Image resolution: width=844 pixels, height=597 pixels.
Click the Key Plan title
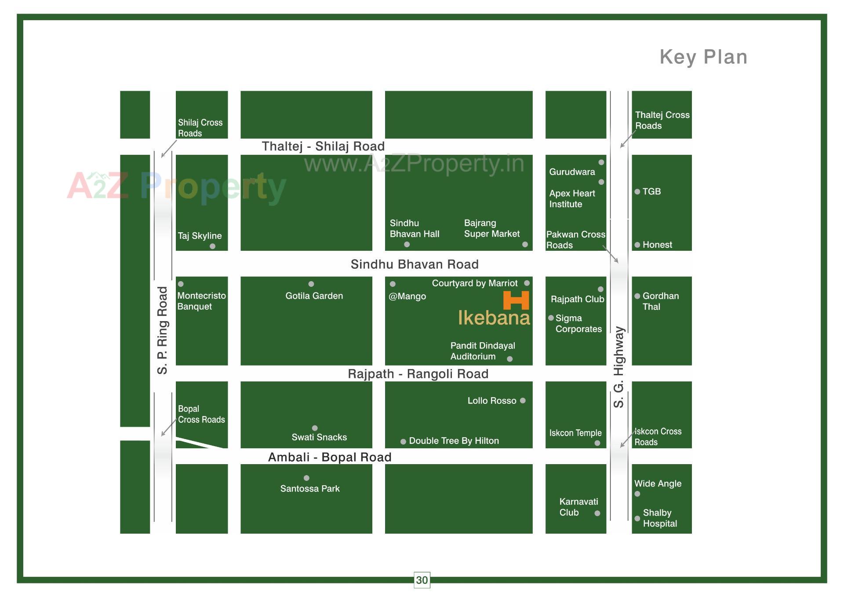click(703, 57)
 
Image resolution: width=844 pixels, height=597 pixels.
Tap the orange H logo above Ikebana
click(516, 300)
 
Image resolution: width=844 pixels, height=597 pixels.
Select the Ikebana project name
click(494, 318)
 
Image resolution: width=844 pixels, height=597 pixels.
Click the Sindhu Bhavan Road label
click(415, 264)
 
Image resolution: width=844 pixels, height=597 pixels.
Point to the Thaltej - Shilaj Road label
click(323, 147)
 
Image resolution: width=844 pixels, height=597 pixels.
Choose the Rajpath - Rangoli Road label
click(418, 374)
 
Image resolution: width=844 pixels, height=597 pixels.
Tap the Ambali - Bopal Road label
click(330, 458)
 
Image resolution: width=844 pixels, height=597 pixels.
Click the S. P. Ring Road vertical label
click(163, 330)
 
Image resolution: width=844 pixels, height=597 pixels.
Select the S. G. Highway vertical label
click(619, 367)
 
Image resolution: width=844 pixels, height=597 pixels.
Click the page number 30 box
click(422, 580)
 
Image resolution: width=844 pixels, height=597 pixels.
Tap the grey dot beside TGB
click(637, 192)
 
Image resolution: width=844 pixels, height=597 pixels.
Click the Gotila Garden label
click(314, 296)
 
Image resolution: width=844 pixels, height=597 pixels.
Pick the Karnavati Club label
click(578, 507)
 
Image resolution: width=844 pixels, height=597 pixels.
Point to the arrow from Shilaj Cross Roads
click(169, 149)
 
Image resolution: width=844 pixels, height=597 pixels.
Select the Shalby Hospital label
click(659, 518)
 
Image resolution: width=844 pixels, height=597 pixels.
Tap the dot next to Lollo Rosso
click(523, 401)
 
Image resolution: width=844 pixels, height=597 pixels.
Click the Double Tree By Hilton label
click(454, 441)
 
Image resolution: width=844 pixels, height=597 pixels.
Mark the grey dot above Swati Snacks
click(315, 428)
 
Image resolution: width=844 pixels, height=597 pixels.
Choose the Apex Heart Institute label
click(571, 199)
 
